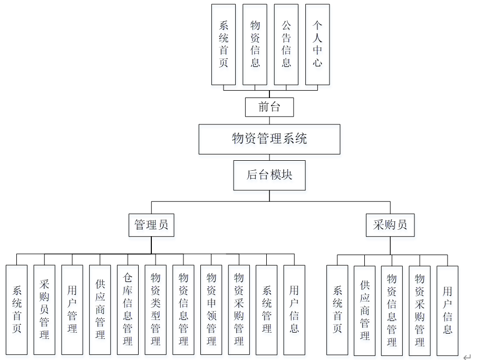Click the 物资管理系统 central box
pyautogui.click(x=269, y=139)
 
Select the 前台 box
pyautogui.click(x=269, y=108)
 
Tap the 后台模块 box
pyautogui.click(x=269, y=175)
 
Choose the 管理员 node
pyautogui.click(x=151, y=225)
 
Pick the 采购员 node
pyautogui.click(x=390, y=225)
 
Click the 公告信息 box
pyautogui.click(x=286, y=44)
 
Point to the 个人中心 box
pyautogui.click(x=317, y=44)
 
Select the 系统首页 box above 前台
pyautogui.click(x=224, y=44)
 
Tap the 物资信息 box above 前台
pyautogui.click(x=255, y=44)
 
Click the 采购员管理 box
pyautogui.click(x=44, y=309)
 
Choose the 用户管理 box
pyautogui.click(x=72, y=309)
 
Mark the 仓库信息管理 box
pyautogui.click(x=128, y=309)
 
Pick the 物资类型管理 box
pyautogui.click(x=156, y=309)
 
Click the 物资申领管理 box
pyautogui.click(x=211, y=309)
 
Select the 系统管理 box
pyautogui.click(x=266, y=309)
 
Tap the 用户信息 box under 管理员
pyautogui.click(x=294, y=309)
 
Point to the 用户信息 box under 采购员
pyautogui.click(x=448, y=310)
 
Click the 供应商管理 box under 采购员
pyautogui.click(x=365, y=310)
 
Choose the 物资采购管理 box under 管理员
pyautogui.click(x=239, y=309)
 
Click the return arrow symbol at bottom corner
pyautogui.click(x=466, y=357)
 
